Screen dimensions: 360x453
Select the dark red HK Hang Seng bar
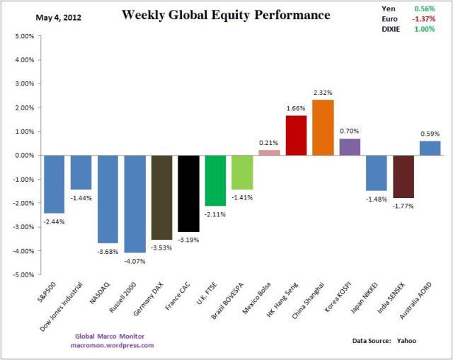296,135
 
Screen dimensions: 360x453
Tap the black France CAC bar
188,193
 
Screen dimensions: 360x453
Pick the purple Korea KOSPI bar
350,146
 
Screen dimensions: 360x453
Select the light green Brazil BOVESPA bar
242,172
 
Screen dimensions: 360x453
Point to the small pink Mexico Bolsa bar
269,152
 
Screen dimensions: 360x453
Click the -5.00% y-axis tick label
23,274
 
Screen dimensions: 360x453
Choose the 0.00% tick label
24,155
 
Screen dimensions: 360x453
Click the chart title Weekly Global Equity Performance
226,15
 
